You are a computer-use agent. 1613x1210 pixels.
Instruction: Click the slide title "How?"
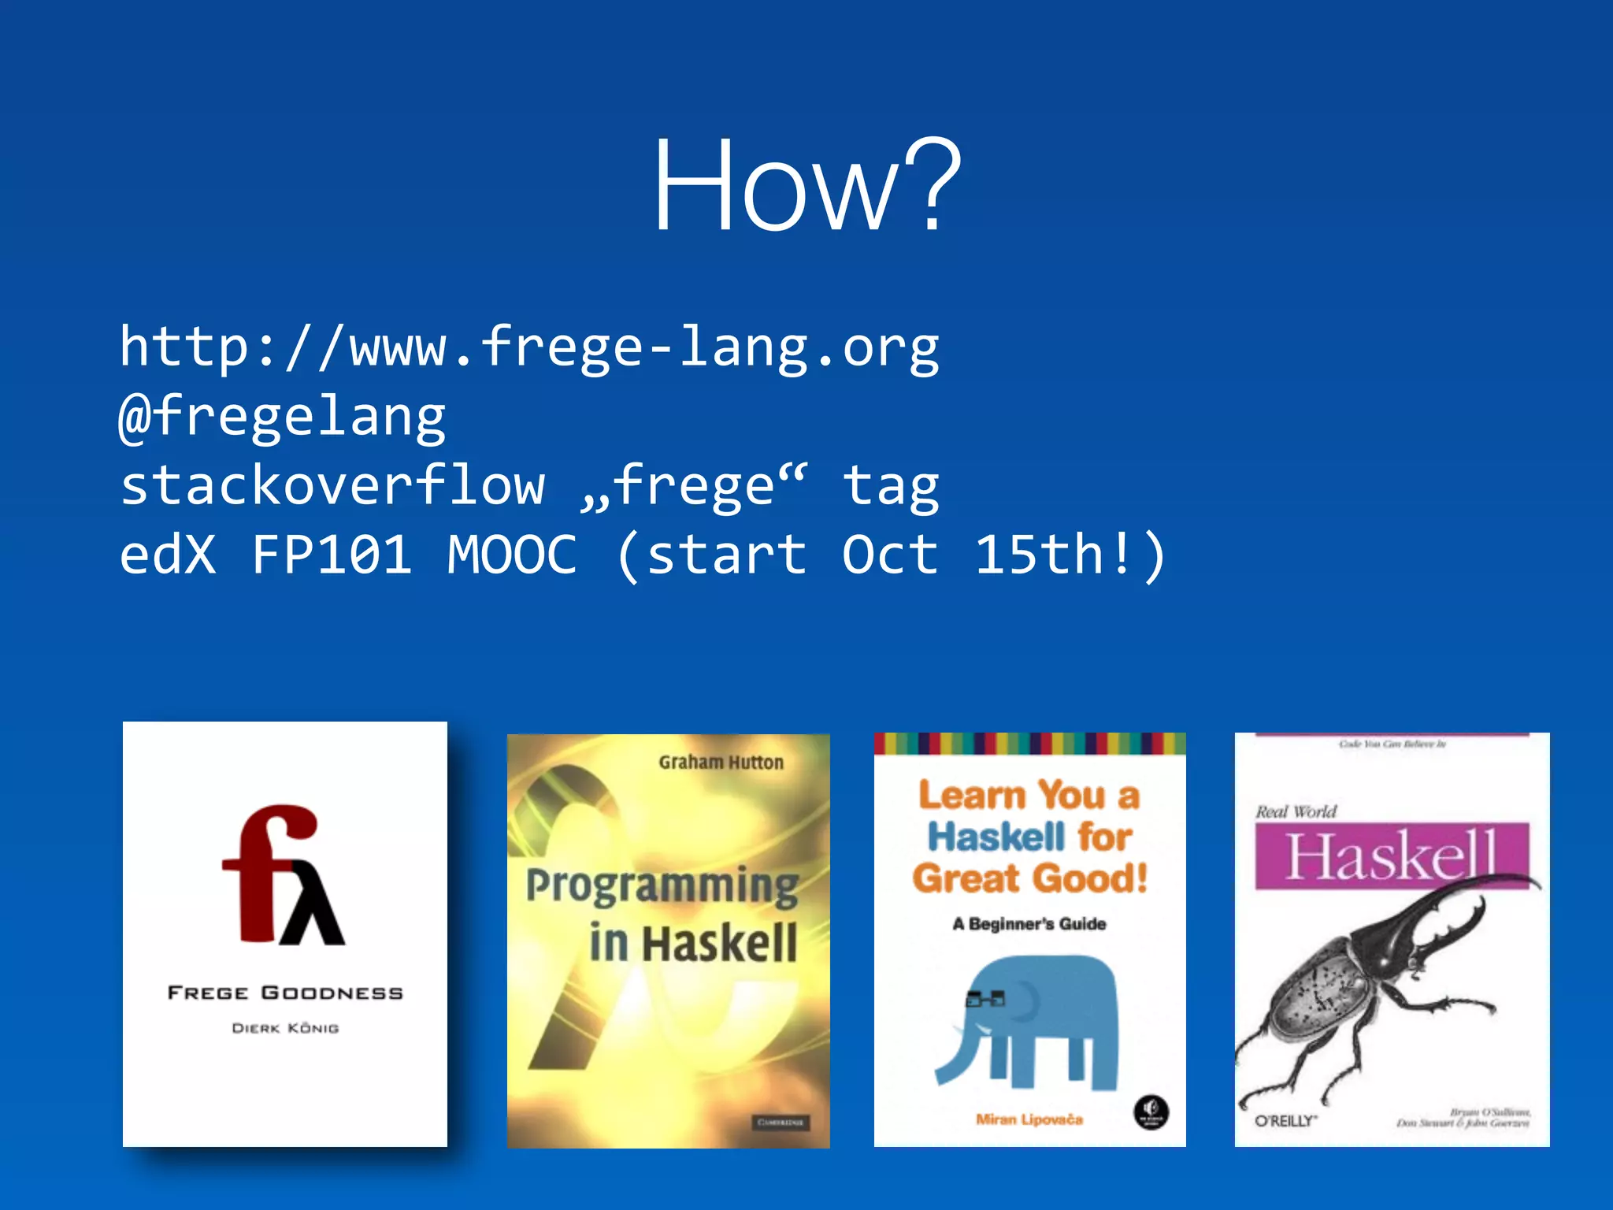pos(807,187)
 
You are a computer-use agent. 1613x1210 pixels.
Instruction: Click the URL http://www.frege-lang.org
pos(529,347)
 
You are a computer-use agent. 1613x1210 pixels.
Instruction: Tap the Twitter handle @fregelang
pos(282,416)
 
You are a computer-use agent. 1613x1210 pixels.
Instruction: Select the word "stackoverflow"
pos(332,485)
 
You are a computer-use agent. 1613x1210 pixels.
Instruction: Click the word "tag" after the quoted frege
pos(890,485)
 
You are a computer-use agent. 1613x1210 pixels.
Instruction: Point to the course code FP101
pos(332,555)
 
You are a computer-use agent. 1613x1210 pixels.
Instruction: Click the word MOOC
pos(512,555)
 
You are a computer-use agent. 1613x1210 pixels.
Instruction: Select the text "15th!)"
pos(1070,555)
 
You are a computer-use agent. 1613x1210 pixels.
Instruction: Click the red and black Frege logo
pos(283,875)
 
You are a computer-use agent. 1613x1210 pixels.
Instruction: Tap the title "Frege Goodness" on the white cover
pos(285,993)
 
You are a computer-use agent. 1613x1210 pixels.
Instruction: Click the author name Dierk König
pos(285,1028)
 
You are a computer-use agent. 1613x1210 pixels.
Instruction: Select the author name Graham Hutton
pos(721,763)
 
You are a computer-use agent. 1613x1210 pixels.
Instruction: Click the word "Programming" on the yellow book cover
pos(662,885)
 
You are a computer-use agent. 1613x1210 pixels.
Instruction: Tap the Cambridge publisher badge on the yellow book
pos(779,1122)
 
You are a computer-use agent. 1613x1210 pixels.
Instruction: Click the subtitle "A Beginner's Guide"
pos(1029,924)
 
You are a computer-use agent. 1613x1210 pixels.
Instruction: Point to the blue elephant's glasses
pos(985,1000)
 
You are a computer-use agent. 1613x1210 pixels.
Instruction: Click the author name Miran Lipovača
pos(1029,1119)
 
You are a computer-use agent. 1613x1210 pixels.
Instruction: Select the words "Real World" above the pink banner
pos(1296,811)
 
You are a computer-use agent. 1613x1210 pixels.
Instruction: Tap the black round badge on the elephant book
pos(1151,1112)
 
